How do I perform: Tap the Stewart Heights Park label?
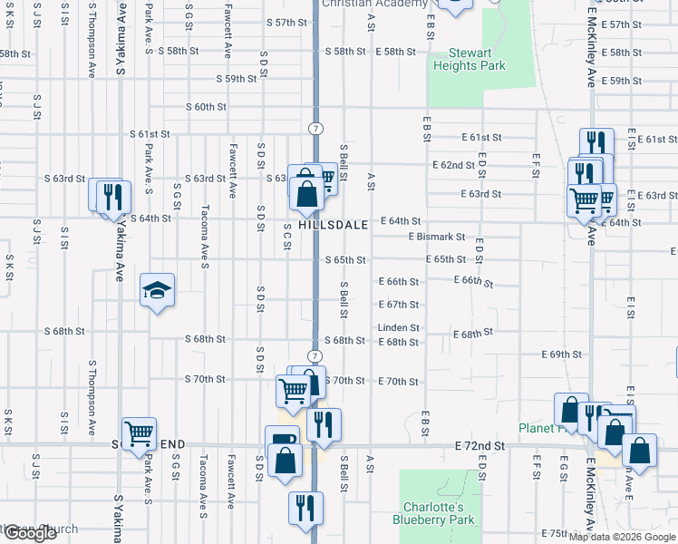469,59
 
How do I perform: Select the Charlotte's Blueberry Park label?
427,513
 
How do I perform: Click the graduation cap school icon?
157,291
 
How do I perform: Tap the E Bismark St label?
437,237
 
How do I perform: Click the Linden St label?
399,327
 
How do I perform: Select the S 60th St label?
205,107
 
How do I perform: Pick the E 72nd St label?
480,447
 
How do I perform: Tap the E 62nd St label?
453,165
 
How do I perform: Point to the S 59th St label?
237,79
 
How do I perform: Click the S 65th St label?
345,260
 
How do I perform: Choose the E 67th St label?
399,305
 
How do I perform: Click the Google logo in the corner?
30,533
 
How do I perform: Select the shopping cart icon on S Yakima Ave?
138,433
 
